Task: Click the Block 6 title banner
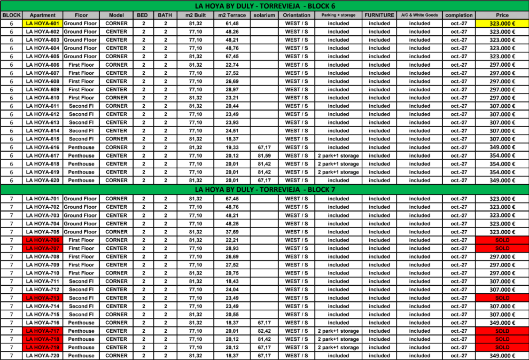coord(264,6)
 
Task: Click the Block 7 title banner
coord(264,189)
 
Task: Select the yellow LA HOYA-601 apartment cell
coord(42,24)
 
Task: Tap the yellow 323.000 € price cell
coord(502,24)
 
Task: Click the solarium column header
coord(264,15)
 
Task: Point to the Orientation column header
coord(296,15)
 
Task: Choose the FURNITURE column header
coord(379,15)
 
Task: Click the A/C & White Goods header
coord(419,15)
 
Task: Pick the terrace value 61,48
coord(232,24)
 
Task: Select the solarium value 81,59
coord(264,155)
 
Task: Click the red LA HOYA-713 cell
coord(42,298)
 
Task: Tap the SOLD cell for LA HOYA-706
coord(502,240)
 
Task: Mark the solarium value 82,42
coord(264,331)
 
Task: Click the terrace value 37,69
coord(232,232)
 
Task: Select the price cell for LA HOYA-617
coord(502,155)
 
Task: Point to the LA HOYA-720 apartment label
coord(42,356)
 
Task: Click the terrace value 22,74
coord(232,65)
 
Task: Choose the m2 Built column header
coord(196,15)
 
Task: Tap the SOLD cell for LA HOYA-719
coord(502,348)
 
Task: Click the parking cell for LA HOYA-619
coord(338,172)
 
